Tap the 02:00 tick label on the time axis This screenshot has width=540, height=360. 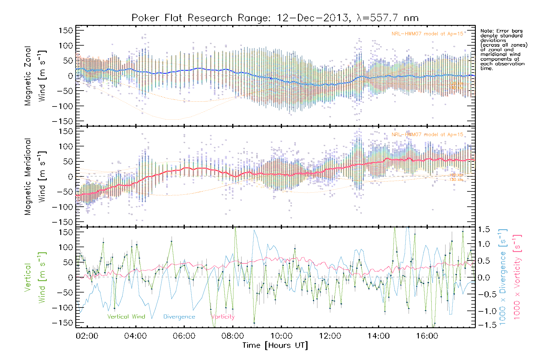(x=87, y=336)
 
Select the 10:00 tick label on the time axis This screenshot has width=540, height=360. (x=281, y=336)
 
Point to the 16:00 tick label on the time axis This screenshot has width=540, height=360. (x=427, y=336)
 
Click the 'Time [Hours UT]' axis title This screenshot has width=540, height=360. (x=275, y=345)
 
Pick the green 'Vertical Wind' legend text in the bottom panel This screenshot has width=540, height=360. (x=126, y=316)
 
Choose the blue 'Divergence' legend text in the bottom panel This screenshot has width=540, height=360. (x=179, y=316)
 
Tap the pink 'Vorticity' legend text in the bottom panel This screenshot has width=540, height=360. (x=223, y=316)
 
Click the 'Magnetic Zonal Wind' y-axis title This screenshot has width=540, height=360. (x=35, y=76)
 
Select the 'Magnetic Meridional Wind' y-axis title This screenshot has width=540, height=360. (x=35, y=176)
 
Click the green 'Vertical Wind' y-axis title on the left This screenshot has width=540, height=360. (x=35, y=277)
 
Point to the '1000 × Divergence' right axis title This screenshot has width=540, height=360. (x=502, y=277)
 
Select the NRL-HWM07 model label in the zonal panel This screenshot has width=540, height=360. (x=427, y=34)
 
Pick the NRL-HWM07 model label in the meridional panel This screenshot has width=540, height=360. (x=427, y=135)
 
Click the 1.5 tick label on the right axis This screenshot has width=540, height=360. (x=484, y=229)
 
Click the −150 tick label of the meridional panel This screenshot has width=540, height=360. (x=63, y=222)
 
